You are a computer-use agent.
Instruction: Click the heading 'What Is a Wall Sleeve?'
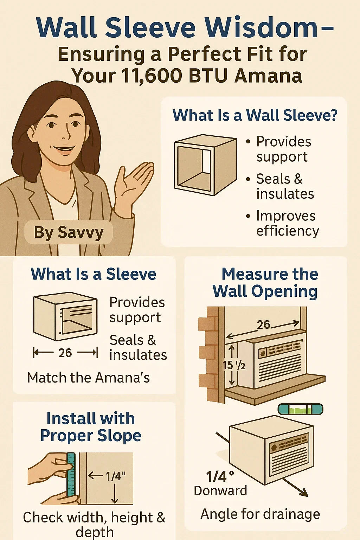pos(255,115)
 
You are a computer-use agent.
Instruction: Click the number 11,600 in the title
pos(157,76)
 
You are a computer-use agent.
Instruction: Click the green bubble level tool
pos(300,409)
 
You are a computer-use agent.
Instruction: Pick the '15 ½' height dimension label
pos(234,365)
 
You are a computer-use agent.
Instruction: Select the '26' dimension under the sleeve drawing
pos(65,353)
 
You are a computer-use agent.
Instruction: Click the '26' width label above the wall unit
pos(263,324)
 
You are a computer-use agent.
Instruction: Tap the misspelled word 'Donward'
pos(220,491)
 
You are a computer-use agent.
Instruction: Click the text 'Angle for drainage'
pos(260,514)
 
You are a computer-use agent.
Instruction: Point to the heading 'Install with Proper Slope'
pos(91,427)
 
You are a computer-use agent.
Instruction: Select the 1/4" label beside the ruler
pos(116,476)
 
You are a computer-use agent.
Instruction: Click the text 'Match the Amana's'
pos(89,378)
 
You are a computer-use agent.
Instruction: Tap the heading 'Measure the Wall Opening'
pos(265,283)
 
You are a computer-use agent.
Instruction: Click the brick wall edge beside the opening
pos(209,355)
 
